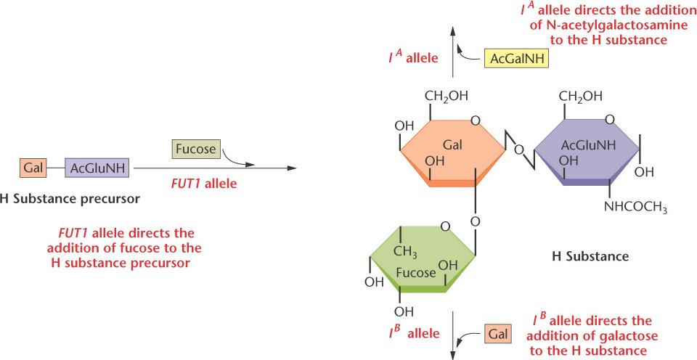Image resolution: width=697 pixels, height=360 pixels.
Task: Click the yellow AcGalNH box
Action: (516, 57)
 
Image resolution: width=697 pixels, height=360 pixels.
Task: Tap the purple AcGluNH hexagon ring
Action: (586, 149)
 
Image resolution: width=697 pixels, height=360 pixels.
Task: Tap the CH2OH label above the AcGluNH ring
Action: (581, 96)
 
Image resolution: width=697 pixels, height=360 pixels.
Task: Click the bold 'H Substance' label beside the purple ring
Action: (590, 255)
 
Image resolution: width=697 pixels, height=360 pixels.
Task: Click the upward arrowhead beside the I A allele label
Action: (453, 30)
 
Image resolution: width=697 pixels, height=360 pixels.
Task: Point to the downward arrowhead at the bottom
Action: (453, 354)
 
